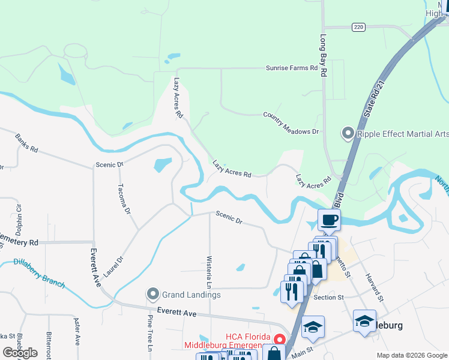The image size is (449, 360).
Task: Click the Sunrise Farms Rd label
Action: (x=292, y=68)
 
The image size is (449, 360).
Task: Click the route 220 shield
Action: (x=358, y=27)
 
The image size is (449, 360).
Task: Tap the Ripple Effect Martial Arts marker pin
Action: (x=348, y=133)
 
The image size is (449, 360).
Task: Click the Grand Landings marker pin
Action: (x=152, y=295)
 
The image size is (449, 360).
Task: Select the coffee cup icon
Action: (x=328, y=220)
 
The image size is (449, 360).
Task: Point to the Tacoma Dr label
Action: (x=124, y=199)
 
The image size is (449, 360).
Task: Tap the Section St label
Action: (x=328, y=297)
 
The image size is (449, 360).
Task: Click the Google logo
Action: (x=20, y=353)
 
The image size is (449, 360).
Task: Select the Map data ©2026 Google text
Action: (x=411, y=355)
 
